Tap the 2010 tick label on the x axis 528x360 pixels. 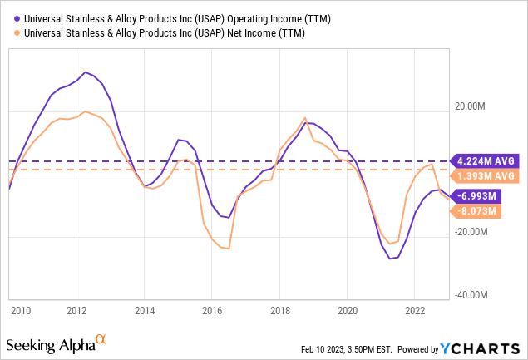pos(21,311)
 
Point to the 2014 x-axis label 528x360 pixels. pos(144,311)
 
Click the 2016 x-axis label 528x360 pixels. pos(211,311)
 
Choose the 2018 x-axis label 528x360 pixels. pos(279,311)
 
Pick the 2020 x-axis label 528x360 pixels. pos(348,311)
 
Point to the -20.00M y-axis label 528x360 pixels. pos(474,233)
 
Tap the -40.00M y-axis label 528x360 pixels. pos(474,295)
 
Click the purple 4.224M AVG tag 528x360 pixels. pos(487,160)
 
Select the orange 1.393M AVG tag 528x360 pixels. pos(487,176)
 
